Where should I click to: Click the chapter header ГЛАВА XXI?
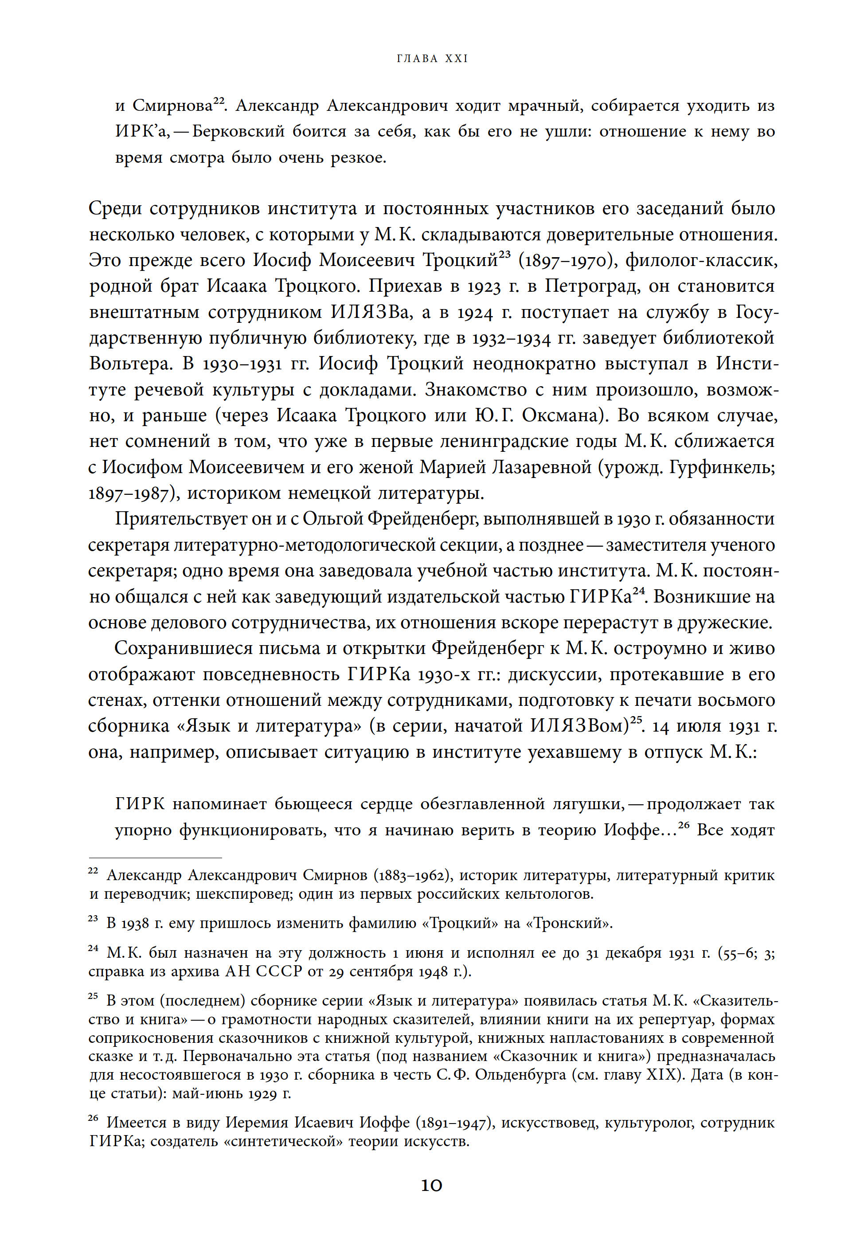pyautogui.click(x=432, y=59)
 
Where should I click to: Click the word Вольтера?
pyautogui.click(x=130, y=363)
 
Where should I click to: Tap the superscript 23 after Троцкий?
pyautogui.click(x=504, y=257)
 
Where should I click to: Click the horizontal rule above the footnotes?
pyautogui.click(x=155, y=858)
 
